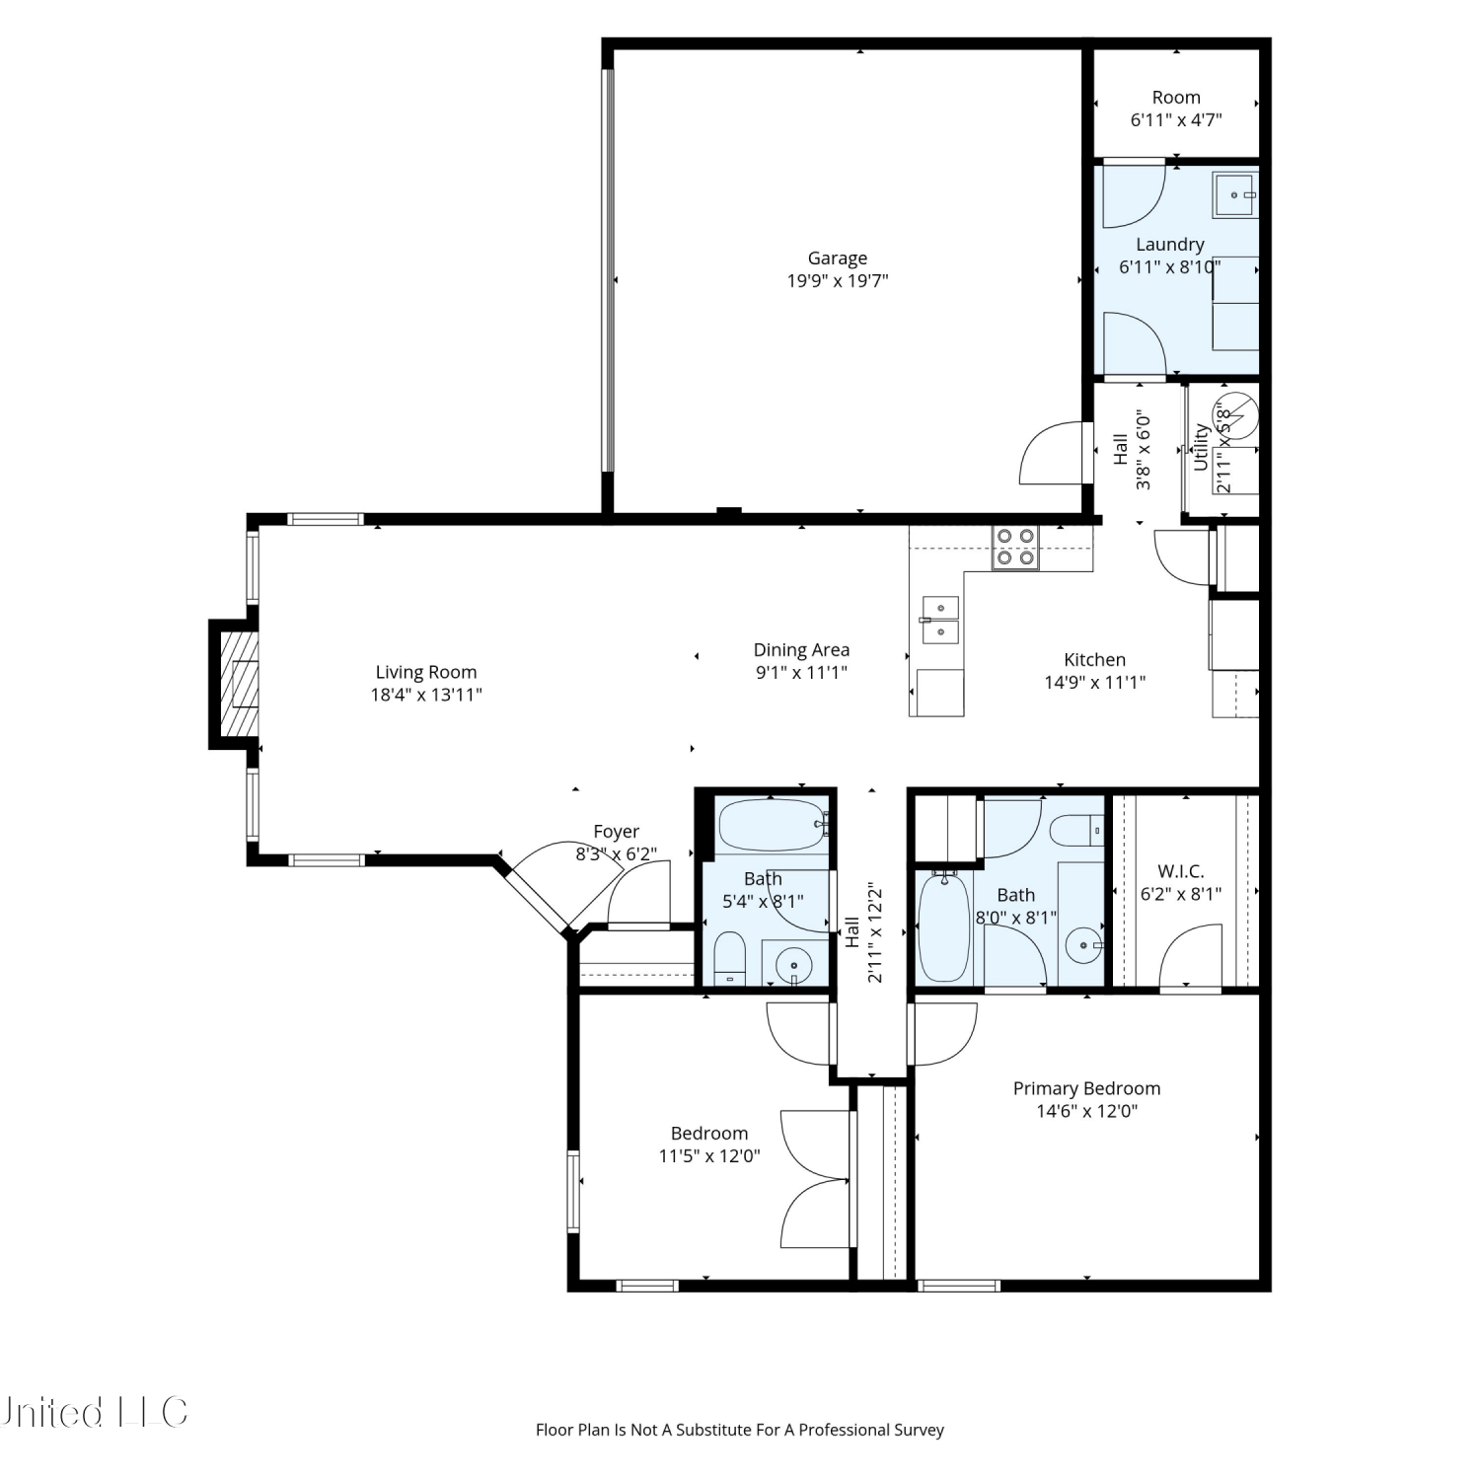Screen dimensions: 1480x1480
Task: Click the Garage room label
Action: pos(838,259)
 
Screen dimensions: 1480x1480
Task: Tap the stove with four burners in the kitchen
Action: pos(1015,548)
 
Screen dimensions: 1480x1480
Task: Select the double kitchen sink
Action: pos(940,620)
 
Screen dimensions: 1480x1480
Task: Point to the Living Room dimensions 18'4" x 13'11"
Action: pos(426,695)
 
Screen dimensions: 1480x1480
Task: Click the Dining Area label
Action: pos(801,650)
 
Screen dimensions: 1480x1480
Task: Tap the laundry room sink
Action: pos(1234,194)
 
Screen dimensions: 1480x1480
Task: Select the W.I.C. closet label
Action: pos(1181,871)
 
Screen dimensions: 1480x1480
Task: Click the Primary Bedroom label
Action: pos(1086,1088)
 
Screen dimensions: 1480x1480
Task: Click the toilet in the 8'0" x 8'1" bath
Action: pos(1076,831)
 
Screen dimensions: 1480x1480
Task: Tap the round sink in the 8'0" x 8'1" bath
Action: pos(1084,945)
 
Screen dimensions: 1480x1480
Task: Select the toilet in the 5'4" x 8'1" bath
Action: pos(730,957)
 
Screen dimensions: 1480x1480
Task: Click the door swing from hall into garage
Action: pos(1052,453)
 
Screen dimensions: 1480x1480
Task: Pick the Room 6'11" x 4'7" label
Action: pos(1176,109)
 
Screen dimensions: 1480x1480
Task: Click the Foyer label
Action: pos(616,832)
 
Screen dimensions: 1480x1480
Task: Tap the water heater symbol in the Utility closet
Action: pos(1238,414)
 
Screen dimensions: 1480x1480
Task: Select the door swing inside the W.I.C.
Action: pos(1190,955)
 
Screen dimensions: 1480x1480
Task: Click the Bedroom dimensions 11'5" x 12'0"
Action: pos(709,1156)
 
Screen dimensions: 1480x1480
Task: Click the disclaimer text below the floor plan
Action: pos(740,1430)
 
